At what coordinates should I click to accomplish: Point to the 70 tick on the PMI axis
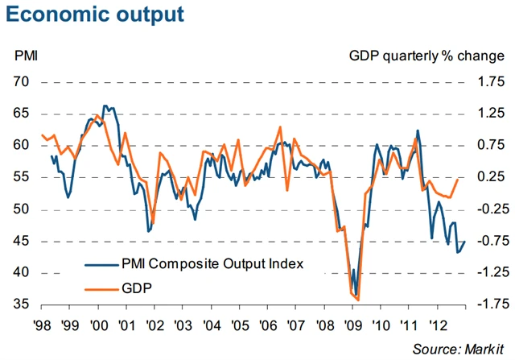22,82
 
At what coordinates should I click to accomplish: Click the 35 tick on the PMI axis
22,304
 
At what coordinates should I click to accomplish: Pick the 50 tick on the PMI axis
22,209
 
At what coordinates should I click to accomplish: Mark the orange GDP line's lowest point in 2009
357,300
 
